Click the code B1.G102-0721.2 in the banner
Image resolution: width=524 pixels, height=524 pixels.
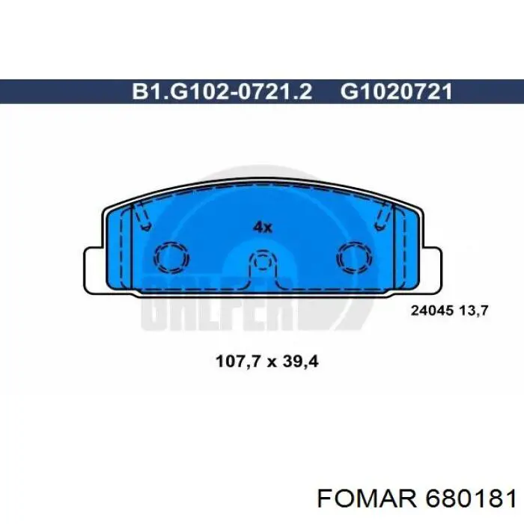(222, 91)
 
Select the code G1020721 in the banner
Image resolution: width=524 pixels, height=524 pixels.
(396, 91)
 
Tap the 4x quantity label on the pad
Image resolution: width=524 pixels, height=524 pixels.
(262, 228)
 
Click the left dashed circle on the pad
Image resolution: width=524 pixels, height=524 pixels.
(171, 258)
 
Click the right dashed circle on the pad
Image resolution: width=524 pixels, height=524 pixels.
(354, 258)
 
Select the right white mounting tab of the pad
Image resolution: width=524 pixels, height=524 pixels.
(431, 271)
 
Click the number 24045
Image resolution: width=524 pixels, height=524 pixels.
(432, 311)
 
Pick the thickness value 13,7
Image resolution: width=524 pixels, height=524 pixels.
(474, 311)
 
